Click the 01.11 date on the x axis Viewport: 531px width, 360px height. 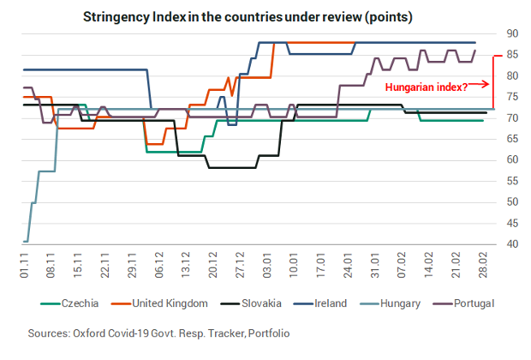coord(25,264)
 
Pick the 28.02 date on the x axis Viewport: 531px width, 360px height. coord(486,264)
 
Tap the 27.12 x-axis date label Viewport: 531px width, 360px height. coord(242,264)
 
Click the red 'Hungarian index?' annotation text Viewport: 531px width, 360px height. coord(425,86)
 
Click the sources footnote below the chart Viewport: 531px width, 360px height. coord(158,332)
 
